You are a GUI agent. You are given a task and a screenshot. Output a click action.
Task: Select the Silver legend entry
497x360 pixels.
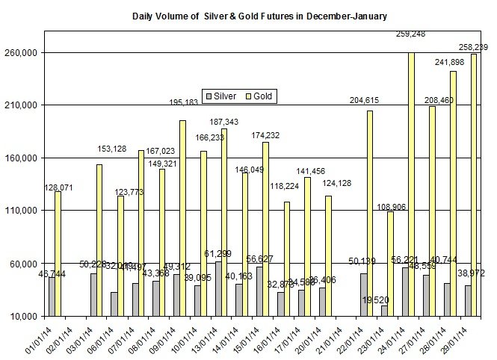(221, 96)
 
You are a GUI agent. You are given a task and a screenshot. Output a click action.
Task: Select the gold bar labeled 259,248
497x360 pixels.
(411, 184)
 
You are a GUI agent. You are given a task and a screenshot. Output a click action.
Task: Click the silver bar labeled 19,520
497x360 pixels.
(384, 311)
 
